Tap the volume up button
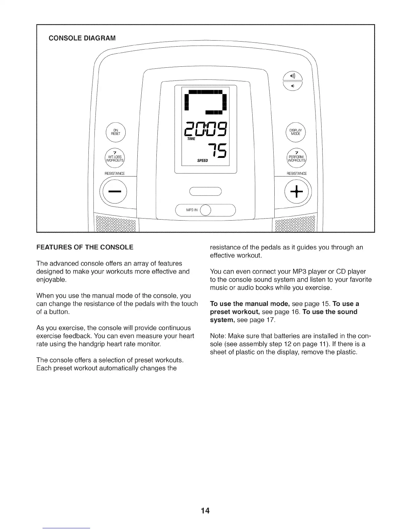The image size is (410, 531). (x=293, y=77)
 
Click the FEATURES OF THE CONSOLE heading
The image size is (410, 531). (x=85, y=247)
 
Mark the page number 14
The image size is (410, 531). (x=205, y=511)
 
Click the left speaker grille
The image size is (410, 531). (x=116, y=223)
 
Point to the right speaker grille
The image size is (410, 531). (x=295, y=223)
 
